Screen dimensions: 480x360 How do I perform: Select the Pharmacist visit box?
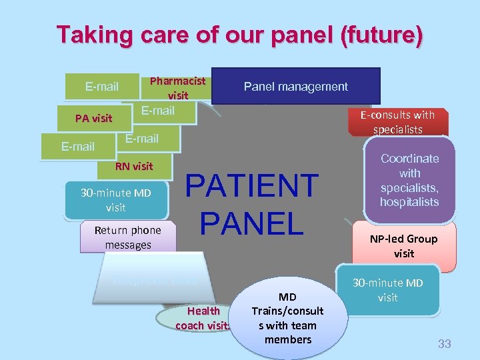tap(177, 87)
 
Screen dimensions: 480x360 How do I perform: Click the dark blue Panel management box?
tap(295, 86)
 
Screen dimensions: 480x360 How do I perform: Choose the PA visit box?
tap(93, 118)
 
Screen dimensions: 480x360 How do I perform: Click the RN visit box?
tap(133, 166)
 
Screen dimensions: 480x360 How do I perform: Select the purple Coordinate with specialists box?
tap(409, 180)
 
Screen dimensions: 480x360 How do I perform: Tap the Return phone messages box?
tap(127, 237)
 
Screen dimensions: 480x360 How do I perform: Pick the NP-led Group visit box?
tap(403, 246)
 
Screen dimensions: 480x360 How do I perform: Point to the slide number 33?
tap(444, 344)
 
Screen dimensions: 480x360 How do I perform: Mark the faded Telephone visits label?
tap(154, 280)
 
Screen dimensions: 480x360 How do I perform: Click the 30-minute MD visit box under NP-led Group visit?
tap(387, 290)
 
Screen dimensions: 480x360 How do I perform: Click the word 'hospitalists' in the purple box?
tap(409, 202)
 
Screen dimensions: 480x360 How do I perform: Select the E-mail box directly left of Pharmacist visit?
tap(102, 86)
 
